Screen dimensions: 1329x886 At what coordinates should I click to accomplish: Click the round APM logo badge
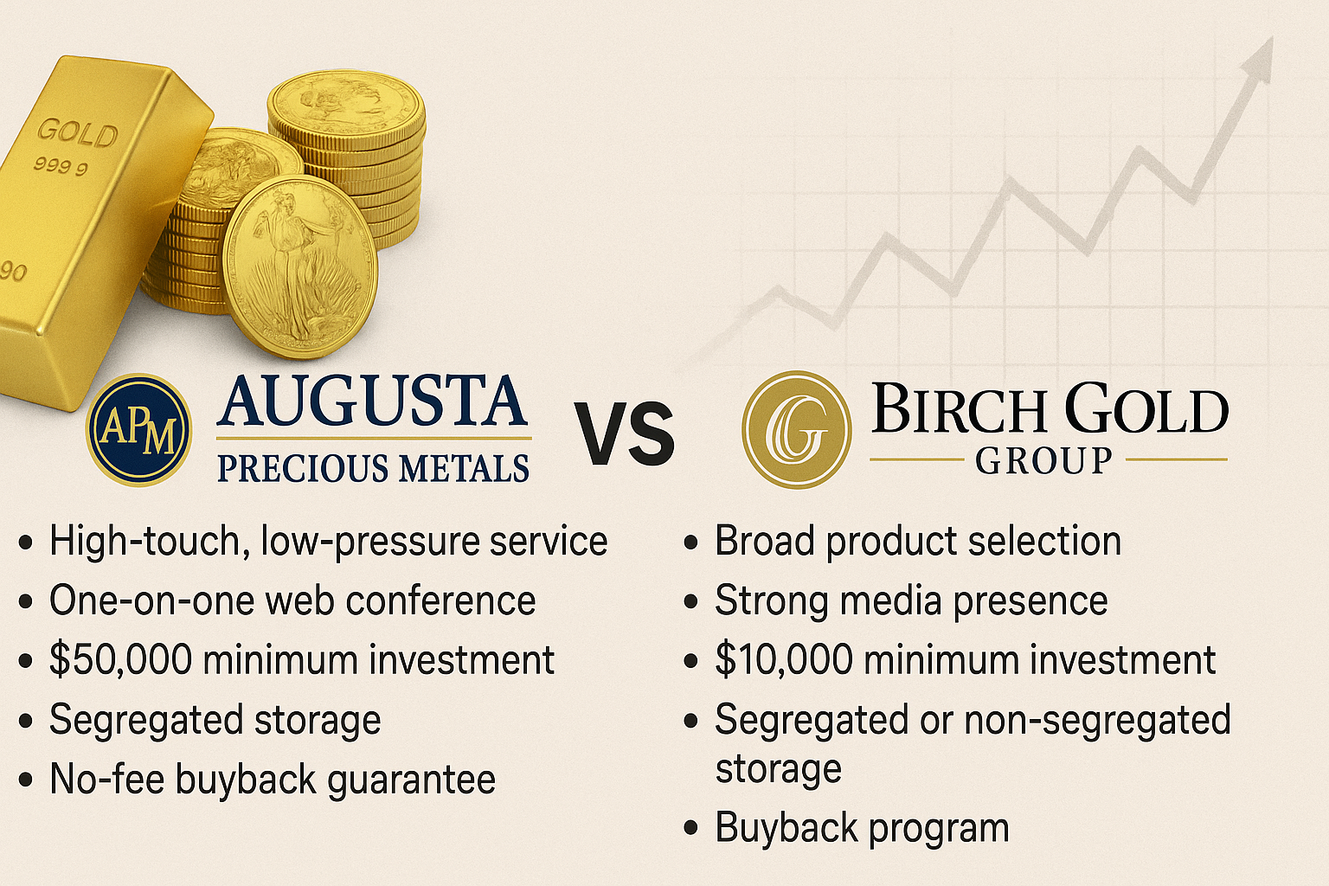[138, 430]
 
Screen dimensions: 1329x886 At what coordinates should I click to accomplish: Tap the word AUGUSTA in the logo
[373, 401]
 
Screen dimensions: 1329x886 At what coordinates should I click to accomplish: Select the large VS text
[624, 433]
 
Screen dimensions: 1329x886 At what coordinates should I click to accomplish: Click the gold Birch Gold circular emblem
[796, 430]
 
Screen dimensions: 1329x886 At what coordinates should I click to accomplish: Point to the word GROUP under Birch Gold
[1043, 460]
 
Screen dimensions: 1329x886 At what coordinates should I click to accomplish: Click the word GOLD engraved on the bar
[77, 132]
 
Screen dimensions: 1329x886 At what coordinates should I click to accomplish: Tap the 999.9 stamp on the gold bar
[61, 165]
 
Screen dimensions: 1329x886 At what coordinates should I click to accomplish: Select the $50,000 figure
[120, 659]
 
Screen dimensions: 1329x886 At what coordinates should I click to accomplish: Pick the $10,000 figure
[785, 659]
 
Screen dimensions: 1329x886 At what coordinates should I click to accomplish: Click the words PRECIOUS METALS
[373, 467]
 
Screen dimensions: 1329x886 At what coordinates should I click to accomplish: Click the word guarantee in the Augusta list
[411, 781]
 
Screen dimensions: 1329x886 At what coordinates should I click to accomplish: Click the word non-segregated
[1098, 721]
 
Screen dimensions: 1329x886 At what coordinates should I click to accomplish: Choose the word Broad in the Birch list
[765, 541]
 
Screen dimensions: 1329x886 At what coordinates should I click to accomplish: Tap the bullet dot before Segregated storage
[25, 721]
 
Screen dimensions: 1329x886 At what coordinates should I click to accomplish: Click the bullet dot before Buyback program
[690, 828]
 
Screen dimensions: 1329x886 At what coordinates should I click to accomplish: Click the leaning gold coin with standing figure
[300, 267]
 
